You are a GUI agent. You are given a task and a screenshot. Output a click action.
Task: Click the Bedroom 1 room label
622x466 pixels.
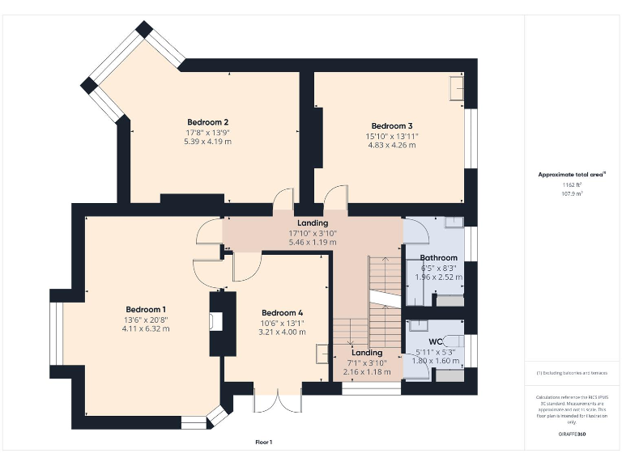point(146,309)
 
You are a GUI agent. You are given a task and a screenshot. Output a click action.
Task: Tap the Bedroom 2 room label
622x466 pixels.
point(207,122)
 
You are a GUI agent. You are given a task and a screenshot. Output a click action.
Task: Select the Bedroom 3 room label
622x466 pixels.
point(392,125)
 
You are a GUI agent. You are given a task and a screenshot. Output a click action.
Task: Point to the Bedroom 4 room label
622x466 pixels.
point(282,312)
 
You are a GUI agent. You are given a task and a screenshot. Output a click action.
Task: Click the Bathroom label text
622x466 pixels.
point(438,258)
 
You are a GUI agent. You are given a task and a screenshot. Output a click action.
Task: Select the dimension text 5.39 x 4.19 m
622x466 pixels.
point(207,141)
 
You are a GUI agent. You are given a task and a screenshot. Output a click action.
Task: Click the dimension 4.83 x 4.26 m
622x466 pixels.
point(392,145)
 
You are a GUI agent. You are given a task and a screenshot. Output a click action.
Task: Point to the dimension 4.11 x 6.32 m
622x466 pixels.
point(146,328)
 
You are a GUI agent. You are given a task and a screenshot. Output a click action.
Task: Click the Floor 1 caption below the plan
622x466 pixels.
point(263,442)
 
